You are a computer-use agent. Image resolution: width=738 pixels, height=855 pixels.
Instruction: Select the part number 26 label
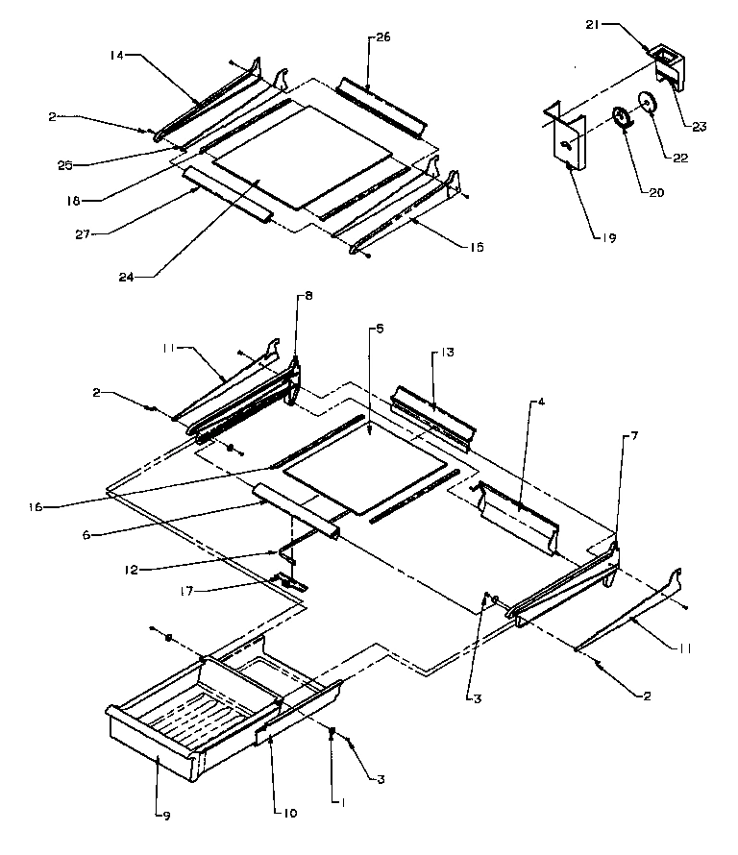click(382, 38)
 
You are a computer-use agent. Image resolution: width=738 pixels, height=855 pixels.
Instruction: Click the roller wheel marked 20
click(622, 119)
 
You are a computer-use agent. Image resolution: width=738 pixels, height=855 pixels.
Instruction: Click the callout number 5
click(380, 329)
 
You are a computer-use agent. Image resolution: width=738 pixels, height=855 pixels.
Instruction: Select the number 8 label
click(307, 298)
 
